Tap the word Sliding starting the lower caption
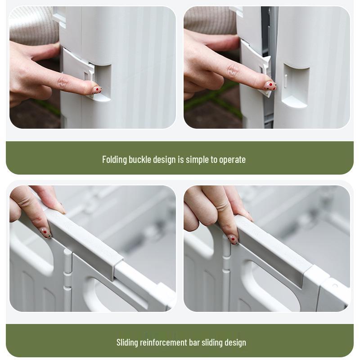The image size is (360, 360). pyautogui.click(x=127, y=342)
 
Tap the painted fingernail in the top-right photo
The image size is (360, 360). pyautogui.click(x=270, y=86)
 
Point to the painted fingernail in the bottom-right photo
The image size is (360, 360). pyautogui.click(x=233, y=239)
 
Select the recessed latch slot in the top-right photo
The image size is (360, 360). pyautogui.click(x=296, y=85)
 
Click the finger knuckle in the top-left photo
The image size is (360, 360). pyautogui.click(x=63, y=82)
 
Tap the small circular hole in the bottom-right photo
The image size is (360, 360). pyautogui.click(x=335, y=286)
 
